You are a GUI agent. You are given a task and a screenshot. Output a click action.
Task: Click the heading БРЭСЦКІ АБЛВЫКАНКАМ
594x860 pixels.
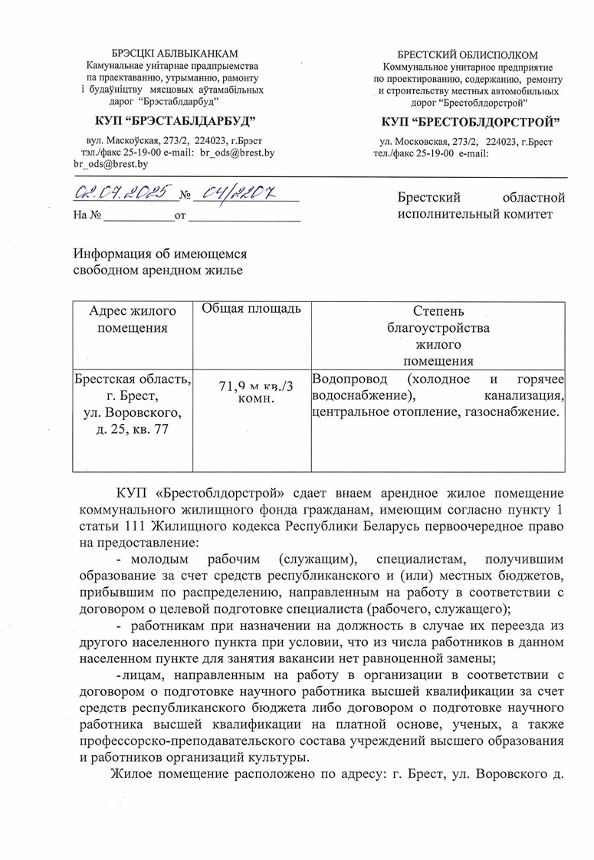(x=175, y=54)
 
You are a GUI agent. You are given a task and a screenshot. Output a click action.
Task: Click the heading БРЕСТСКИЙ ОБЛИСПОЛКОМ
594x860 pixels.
(x=467, y=55)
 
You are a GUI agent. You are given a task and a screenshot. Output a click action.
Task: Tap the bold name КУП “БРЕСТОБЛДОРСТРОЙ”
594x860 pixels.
(x=471, y=123)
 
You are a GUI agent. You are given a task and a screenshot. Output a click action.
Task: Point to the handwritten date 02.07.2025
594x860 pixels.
(x=122, y=193)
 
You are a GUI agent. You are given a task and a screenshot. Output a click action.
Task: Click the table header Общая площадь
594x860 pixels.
(x=251, y=309)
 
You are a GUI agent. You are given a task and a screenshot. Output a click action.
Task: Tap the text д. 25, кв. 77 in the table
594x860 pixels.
(x=133, y=431)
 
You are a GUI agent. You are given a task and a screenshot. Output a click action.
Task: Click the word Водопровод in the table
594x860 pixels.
(x=351, y=379)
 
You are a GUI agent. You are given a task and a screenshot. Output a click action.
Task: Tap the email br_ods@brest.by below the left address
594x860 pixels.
(x=110, y=164)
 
